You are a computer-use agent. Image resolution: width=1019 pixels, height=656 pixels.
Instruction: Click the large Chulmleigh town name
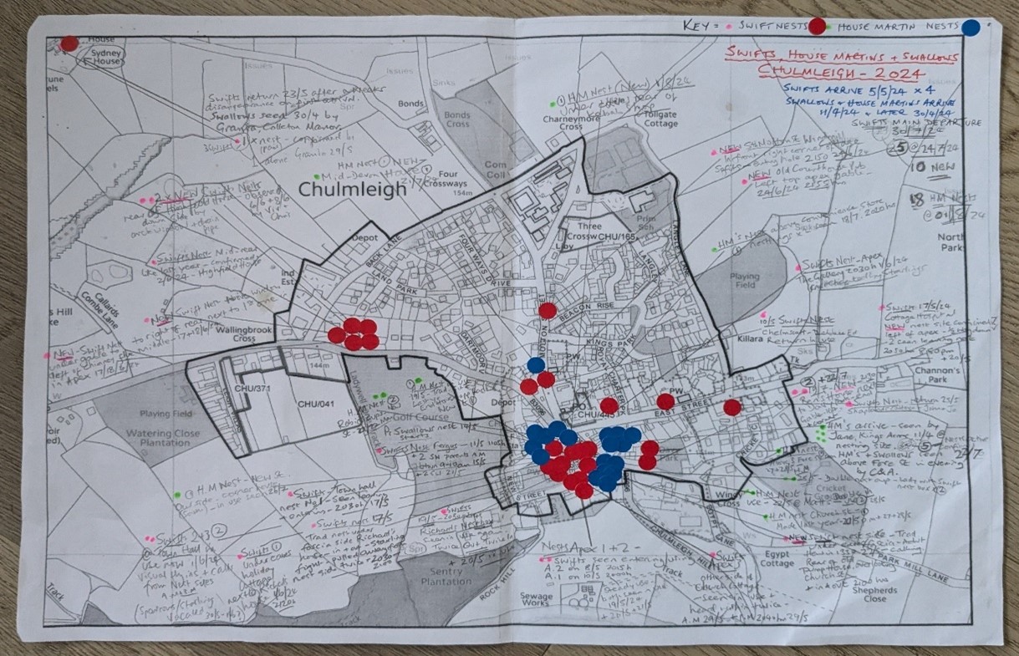coord(352,190)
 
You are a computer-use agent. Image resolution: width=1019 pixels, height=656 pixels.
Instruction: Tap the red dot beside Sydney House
coord(70,43)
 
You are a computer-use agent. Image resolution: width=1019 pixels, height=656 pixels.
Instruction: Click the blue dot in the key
coord(971,28)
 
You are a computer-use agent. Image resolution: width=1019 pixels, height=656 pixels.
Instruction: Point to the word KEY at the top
coord(700,26)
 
